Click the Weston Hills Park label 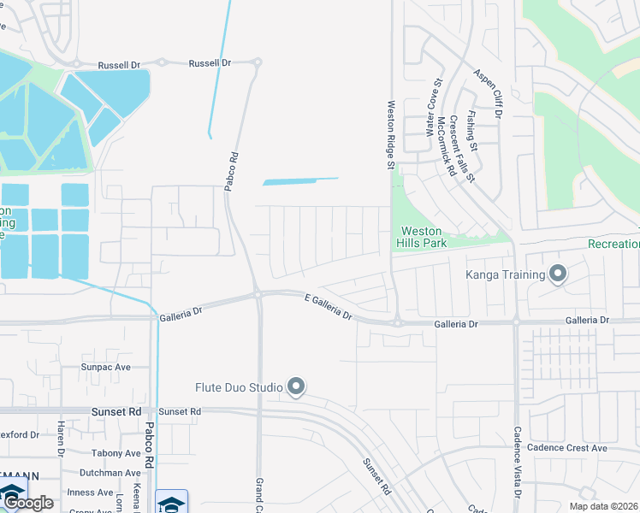pyautogui.click(x=423, y=237)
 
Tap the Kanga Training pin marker pyautogui.click(x=558, y=274)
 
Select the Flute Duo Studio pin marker pyautogui.click(x=296, y=387)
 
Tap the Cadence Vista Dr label pyautogui.click(x=518, y=463)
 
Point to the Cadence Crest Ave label pyautogui.click(x=566, y=448)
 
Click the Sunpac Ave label pyautogui.click(x=105, y=367)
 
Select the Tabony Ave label pyautogui.click(x=116, y=453)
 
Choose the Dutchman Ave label pyautogui.click(x=110, y=473)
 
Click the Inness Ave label pyautogui.click(x=92, y=492)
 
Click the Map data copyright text pyautogui.click(x=604, y=506)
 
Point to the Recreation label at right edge pyautogui.click(x=613, y=244)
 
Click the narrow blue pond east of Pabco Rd pyautogui.click(x=299, y=181)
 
